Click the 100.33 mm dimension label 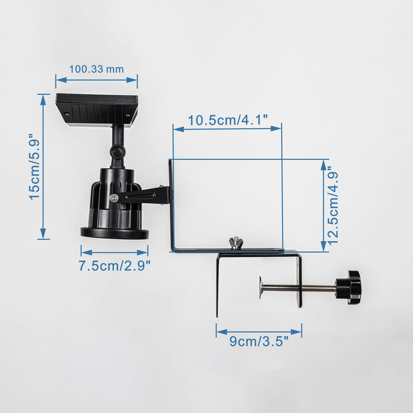coord(96,69)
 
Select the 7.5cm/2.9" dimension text coord(115,266)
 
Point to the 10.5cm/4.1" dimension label coord(228,120)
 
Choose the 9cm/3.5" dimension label coord(259,341)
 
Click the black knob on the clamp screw coord(348,287)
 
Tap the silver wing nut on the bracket coord(236,242)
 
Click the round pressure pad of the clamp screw coord(260,287)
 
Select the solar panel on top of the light coord(97,110)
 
